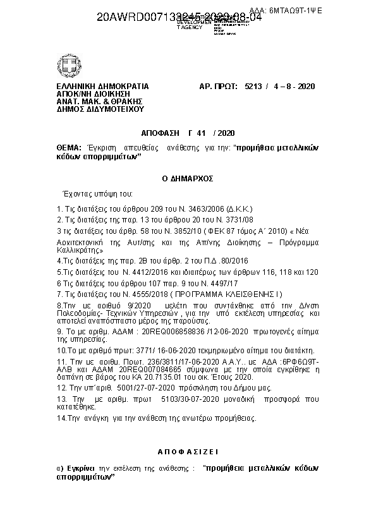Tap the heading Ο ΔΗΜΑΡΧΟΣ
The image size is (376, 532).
tap(188, 179)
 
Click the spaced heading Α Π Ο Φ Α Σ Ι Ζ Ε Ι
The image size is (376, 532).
tap(188, 452)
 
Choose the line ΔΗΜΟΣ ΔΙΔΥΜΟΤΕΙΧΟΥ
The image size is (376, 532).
tap(91, 109)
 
